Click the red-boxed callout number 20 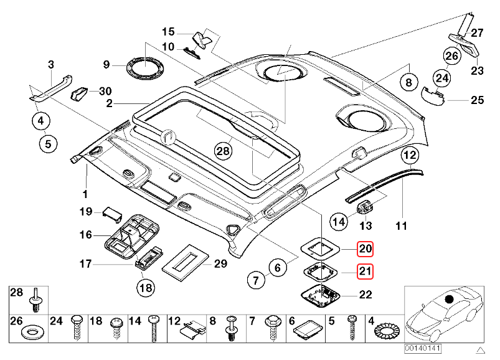[x=365, y=250]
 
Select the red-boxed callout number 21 [x=365, y=272]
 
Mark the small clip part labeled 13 [x=367, y=206]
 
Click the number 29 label [x=220, y=264]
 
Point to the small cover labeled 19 [x=112, y=213]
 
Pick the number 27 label [x=477, y=33]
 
